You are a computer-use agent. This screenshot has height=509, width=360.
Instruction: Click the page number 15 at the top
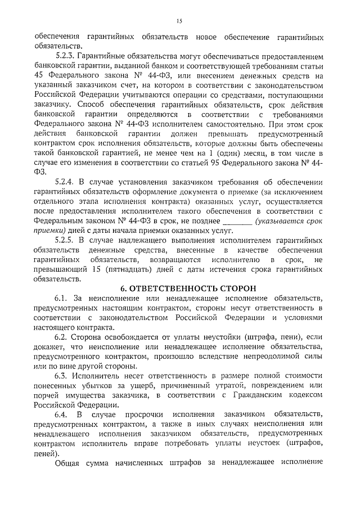[179, 21]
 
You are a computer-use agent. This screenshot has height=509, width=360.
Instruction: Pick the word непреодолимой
[269, 356]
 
